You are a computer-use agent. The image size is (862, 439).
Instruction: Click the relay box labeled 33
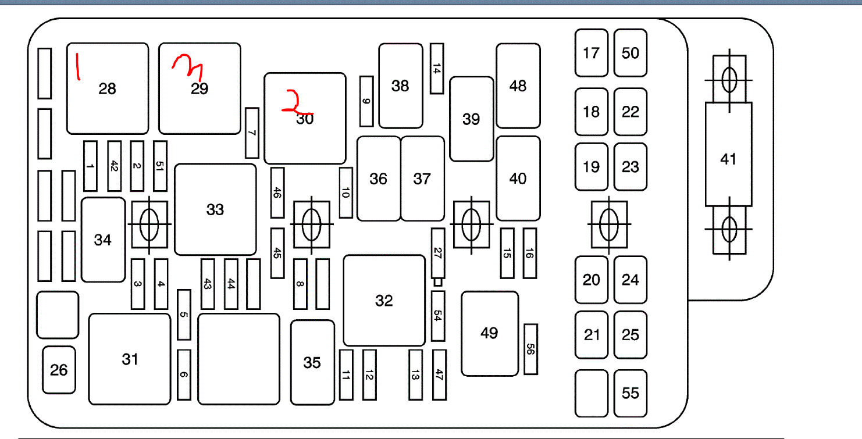click(x=215, y=209)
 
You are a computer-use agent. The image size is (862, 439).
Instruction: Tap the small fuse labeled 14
click(x=437, y=69)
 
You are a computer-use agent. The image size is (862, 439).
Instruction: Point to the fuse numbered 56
click(x=530, y=349)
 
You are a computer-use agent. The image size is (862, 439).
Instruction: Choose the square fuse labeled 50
click(x=631, y=53)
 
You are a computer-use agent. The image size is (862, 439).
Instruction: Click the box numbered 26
click(x=59, y=370)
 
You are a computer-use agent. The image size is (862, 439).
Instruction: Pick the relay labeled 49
click(x=490, y=333)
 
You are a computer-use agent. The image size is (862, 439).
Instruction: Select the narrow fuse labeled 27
click(x=437, y=253)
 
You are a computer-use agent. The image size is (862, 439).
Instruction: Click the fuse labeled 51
click(x=160, y=166)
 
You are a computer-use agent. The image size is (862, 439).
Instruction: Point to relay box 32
click(x=384, y=300)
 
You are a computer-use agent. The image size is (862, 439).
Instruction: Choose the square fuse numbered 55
click(x=631, y=394)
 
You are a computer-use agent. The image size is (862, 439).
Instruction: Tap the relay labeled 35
click(x=312, y=362)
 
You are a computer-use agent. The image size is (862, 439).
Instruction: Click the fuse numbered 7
click(x=252, y=133)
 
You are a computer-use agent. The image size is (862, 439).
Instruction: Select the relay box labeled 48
click(x=518, y=85)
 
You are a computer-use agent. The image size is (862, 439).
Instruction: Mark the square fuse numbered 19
click(x=591, y=167)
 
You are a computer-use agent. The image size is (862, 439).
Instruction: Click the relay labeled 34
click(x=103, y=240)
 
